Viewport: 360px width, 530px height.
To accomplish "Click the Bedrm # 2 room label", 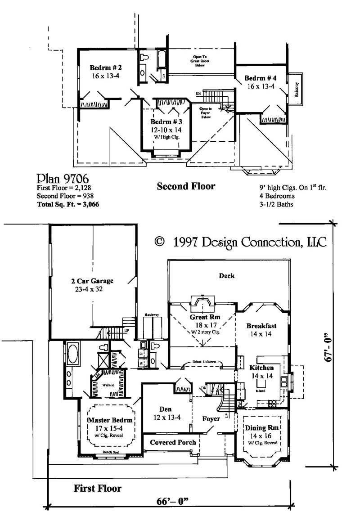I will pyautogui.click(x=106, y=67).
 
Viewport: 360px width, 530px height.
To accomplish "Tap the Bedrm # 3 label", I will pyautogui.click(x=166, y=122).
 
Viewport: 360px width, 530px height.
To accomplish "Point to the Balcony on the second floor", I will pyautogui.click(x=297, y=88).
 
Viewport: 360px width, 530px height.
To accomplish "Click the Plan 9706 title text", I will pyautogui.click(x=56, y=177).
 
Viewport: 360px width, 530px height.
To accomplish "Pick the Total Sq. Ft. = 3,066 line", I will pyautogui.click(x=67, y=204).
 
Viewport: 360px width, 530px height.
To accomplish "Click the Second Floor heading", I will pyautogui.click(x=186, y=186).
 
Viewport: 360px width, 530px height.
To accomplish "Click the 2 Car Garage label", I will pyautogui.click(x=92, y=281).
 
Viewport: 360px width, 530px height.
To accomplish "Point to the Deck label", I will pyautogui.click(x=226, y=276).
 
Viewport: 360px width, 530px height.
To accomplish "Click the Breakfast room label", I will pyautogui.click(x=261, y=326).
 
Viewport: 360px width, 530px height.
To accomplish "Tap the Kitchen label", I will pyautogui.click(x=261, y=368).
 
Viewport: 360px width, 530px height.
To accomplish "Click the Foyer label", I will pyautogui.click(x=211, y=418).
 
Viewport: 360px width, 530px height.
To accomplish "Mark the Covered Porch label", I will pyautogui.click(x=173, y=442).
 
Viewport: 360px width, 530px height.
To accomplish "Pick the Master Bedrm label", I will pyautogui.click(x=110, y=421).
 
